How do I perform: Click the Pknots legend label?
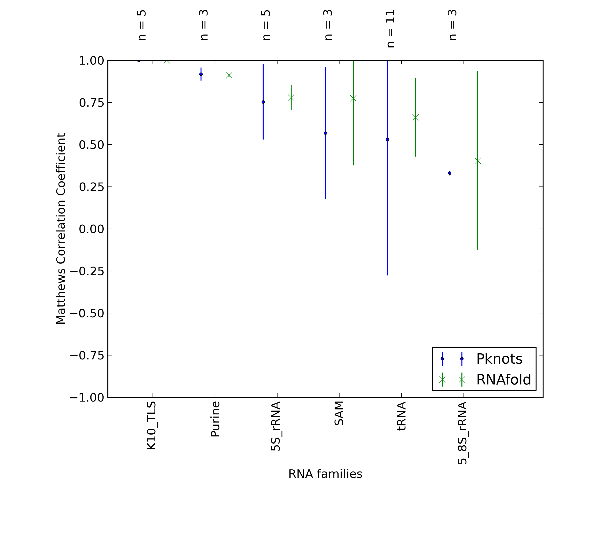499,359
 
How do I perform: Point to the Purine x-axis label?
215,419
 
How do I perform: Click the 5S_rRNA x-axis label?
276,426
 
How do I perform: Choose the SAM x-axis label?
339,414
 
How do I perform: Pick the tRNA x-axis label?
401,416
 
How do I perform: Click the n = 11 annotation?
391,29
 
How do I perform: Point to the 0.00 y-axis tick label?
91,229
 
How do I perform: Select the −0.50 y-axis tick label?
87,313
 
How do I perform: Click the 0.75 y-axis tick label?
91,103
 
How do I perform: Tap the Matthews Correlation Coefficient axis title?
61,229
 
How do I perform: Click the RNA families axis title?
325,474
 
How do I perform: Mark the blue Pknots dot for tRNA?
387,140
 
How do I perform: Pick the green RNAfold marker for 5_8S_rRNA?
478,161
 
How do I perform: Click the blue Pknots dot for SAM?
325,133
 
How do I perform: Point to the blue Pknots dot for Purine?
201,74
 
